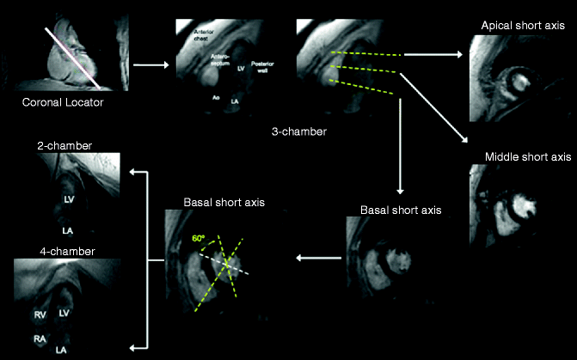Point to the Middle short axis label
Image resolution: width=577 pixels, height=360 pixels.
tap(527, 157)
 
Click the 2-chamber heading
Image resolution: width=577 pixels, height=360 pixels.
tap(60, 146)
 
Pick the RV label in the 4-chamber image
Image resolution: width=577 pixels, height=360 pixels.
tap(40, 315)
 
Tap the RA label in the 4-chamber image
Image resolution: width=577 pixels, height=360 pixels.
tap(40, 339)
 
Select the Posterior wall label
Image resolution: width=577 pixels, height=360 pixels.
tap(261, 70)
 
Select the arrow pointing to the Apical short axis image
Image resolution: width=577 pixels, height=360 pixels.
tap(434, 54)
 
